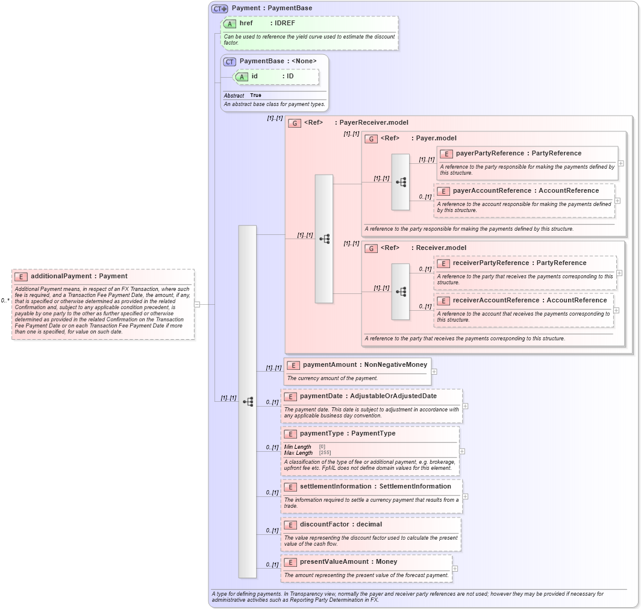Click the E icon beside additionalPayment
pyautogui.click(x=21, y=276)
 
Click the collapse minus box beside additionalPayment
pyautogui.click(x=197, y=304)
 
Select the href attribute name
pyautogui.click(x=246, y=23)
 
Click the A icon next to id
pyautogui.click(x=242, y=77)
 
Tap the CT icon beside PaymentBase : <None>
pyautogui.click(x=230, y=61)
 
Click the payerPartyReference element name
pyautogui.click(x=490, y=153)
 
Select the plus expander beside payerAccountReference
pyautogui.click(x=617, y=201)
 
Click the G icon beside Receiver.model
pyautogui.click(x=371, y=248)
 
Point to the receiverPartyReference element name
pyautogui.click(x=490, y=263)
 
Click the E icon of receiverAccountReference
pyautogui.click(x=443, y=301)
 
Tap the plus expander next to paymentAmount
pyautogui.click(x=434, y=372)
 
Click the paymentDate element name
pyautogui.click(x=321, y=396)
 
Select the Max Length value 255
pyautogui.click(x=325, y=452)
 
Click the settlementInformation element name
pyautogui.click(x=336, y=487)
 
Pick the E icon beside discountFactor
pyautogui.click(x=290, y=525)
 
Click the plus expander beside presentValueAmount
pyautogui.click(x=455, y=568)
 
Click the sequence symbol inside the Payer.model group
pyautogui.click(x=401, y=182)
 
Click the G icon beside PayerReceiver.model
pyautogui.click(x=295, y=123)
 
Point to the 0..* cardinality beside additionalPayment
pyautogui.click(x=5, y=300)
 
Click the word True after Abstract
pyautogui.click(x=255, y=95)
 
